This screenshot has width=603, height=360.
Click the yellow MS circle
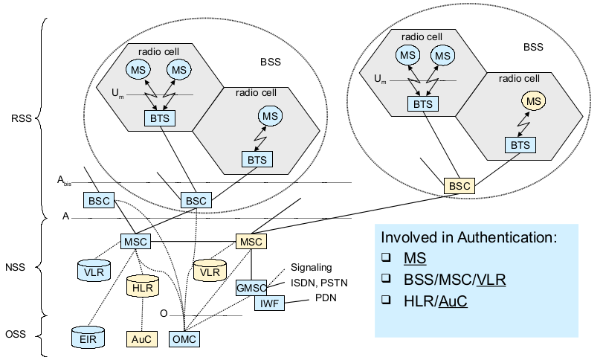531,100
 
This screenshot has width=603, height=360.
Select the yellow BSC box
458,186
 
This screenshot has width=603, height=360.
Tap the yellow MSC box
250,242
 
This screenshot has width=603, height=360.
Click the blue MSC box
135,242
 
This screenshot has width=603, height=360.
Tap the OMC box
185,339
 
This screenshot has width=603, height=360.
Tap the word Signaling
312,268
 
